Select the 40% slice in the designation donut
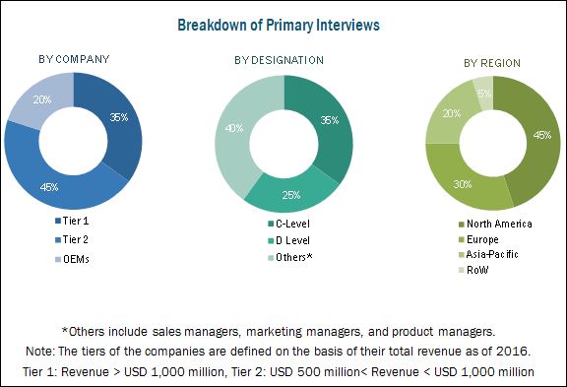click(233, 129)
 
